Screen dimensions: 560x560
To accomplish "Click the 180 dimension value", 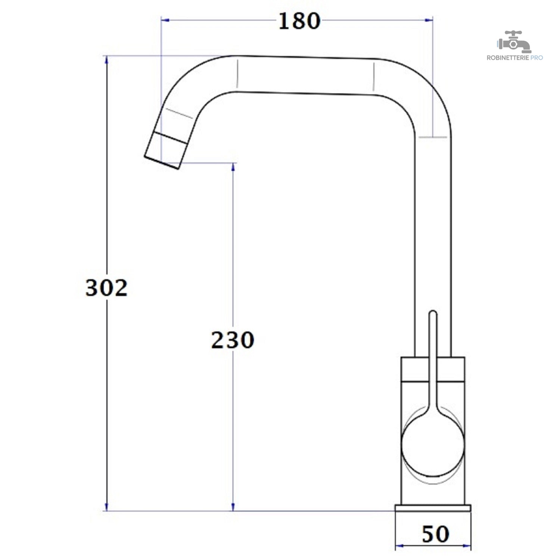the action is (299, 21).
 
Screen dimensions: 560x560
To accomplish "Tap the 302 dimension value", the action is (106, 288).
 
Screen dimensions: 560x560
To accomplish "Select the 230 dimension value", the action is (233, 340).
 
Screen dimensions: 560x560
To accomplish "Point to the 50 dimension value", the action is (435, 534).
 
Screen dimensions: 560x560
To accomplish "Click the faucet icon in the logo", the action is (514, 42).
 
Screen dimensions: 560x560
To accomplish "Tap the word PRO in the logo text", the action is (536, 58).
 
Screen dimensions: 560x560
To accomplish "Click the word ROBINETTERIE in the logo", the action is (508, 58).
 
